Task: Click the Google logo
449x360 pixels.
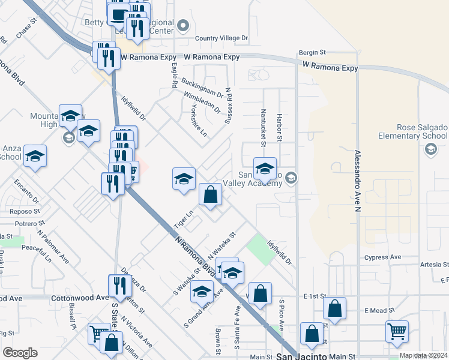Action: pyautogui.click(x=20, y=353)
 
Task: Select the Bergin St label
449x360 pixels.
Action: pyautogui.click(x=312, y=53)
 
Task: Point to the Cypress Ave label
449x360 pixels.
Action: pyautogui.click(x=382, y=257)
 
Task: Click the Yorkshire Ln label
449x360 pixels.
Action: pyautogui.click(x=194, y=120)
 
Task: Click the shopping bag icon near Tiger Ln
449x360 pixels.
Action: pyautogui.click(x=210, y=194)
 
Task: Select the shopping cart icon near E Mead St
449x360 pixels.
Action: pyautogui.click(x=397, y=331)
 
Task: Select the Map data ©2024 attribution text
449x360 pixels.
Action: pyautogui.click(x=423, y=355)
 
